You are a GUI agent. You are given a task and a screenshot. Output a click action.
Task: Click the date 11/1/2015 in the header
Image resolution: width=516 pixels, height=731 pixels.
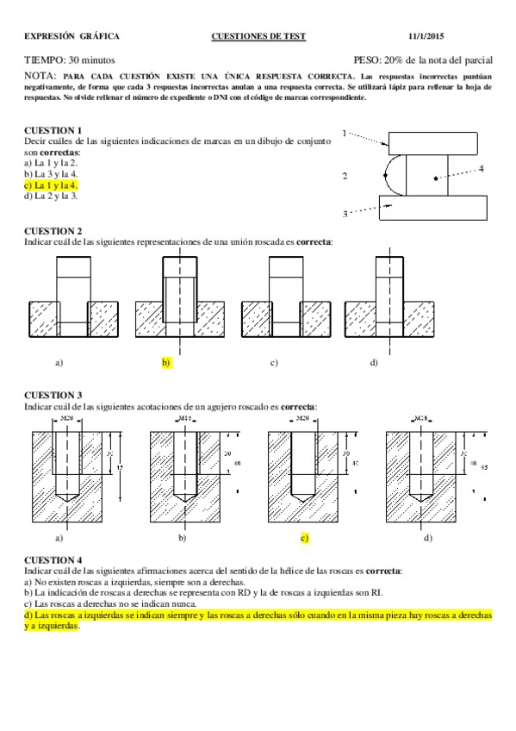471,36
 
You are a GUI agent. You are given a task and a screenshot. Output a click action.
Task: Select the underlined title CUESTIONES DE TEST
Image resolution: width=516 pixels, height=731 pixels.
258,36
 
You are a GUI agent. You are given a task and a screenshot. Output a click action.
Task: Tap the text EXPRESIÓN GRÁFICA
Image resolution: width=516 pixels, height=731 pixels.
71,36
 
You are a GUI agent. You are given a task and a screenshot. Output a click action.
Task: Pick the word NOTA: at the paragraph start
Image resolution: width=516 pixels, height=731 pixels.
40,77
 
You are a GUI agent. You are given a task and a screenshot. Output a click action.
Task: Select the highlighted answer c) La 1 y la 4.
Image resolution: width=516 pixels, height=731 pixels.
51,185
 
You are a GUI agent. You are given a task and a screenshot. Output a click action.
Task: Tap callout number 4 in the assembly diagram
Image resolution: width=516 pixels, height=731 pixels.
481,169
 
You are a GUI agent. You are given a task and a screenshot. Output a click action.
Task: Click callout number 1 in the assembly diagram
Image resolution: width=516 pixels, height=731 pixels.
345,134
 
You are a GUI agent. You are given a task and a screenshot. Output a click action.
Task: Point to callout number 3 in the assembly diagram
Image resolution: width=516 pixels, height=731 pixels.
345,214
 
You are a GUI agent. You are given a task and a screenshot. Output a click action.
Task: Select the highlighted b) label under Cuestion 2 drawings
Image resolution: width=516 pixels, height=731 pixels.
166,363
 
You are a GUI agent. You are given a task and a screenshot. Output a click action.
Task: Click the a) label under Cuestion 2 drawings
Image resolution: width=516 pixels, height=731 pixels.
59,363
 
